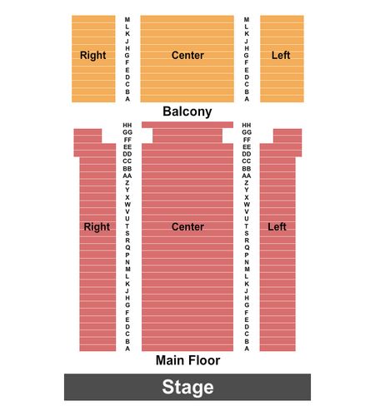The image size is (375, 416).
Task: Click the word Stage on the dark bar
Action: coord(187,387)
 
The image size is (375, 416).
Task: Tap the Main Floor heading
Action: coord(187,360)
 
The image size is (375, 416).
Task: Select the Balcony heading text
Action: coord(187,111)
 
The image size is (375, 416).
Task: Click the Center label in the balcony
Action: coord(187,55)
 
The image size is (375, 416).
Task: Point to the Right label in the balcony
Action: coord(93,56)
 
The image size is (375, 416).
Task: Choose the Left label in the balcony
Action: coord(281,55)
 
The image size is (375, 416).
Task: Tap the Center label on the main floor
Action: coord(187,226)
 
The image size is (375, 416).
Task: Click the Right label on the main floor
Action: coord(97,227)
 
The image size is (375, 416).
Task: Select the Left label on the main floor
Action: coord(277,226)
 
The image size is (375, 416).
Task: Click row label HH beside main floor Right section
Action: coord(127,125)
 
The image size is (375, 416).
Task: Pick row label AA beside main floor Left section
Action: coord(247,176)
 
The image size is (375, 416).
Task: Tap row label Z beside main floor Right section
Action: coord(127,183)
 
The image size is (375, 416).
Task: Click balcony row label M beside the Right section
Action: coord(127,19)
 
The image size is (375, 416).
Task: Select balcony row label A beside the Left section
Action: coord(247,99)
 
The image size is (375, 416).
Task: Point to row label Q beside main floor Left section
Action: coord(247,247)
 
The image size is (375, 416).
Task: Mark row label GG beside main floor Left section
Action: coord(247,132)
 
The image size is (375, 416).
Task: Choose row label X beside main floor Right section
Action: coord(127,197)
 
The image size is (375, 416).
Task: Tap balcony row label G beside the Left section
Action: coord(247,56)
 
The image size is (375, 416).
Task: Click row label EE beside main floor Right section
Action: coord(127,147)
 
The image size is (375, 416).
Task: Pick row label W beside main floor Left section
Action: coord(247,205)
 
